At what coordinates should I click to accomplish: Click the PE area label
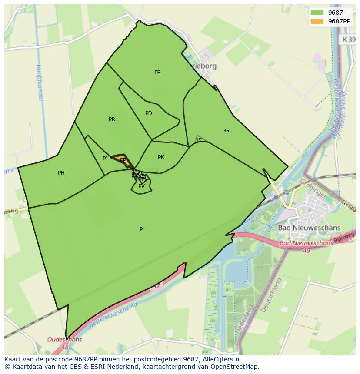tap(157, 73)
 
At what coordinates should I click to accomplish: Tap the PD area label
tap(149, 113)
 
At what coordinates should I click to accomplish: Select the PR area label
tap(112, 119)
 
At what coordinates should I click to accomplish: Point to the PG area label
tap(226, 130)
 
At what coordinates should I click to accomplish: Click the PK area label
tap(161, 157)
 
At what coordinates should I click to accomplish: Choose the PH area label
tap(61, 173)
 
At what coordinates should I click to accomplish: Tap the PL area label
tap(143, 229)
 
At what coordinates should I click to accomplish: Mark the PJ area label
tap(105, 159)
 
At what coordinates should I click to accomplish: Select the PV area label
tap(141, 186)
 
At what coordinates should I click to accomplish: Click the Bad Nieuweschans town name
tap(309, 228)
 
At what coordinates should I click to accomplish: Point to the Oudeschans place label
tap(64, 340)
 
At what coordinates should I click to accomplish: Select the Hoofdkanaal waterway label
tap(39, 83)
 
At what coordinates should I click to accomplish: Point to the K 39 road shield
tap(347, 39)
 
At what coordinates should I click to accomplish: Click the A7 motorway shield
tap(156, 286)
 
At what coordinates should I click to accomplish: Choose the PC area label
tap(200, 140)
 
